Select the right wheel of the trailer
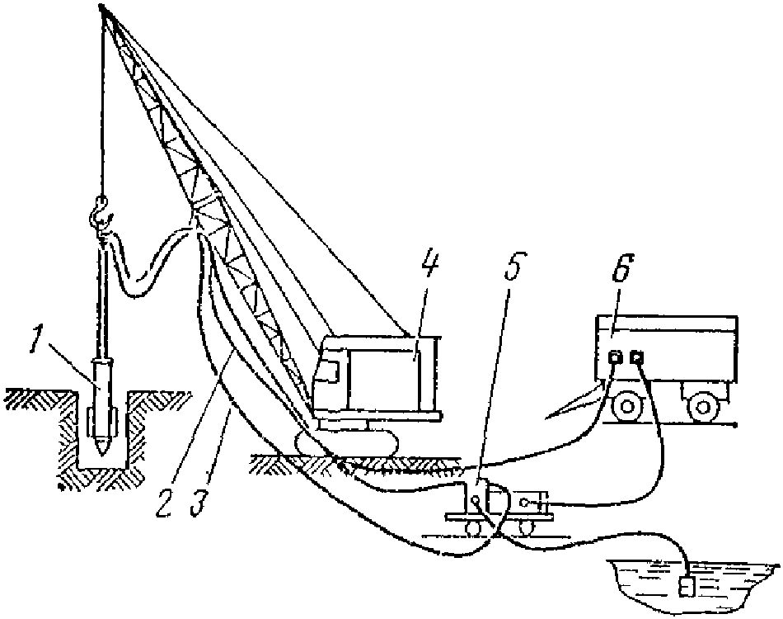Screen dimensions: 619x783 click(x=702, y=405)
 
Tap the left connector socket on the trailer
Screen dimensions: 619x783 click(x=615, y=359)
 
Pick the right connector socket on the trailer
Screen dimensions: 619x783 click(x=635, y=359)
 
